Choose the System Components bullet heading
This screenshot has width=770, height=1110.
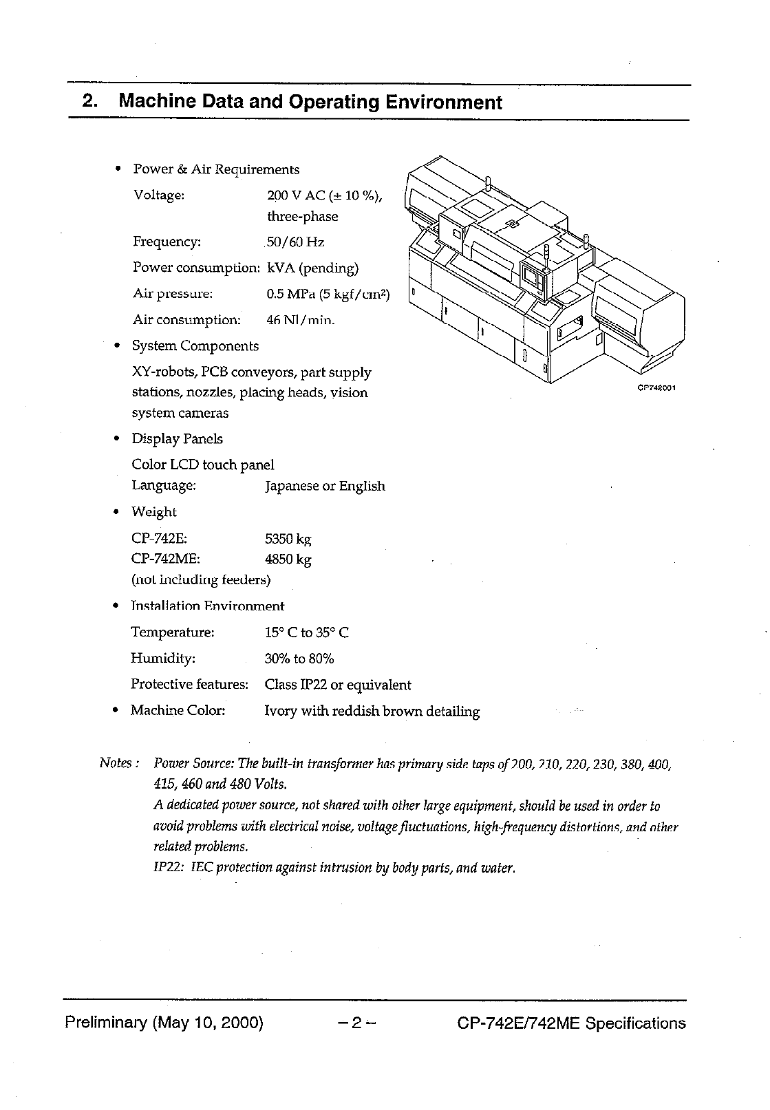[195, 346]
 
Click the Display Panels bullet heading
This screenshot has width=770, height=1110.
[178, 439]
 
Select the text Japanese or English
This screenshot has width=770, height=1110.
[325, 487]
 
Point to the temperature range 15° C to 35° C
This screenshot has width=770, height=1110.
[307, 632]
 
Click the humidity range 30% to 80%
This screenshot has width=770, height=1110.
[299, 659]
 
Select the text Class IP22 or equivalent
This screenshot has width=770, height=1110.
[338, 685]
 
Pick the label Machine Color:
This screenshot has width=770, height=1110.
[178, 710]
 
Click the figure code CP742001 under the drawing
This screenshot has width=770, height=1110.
[658, 388]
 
